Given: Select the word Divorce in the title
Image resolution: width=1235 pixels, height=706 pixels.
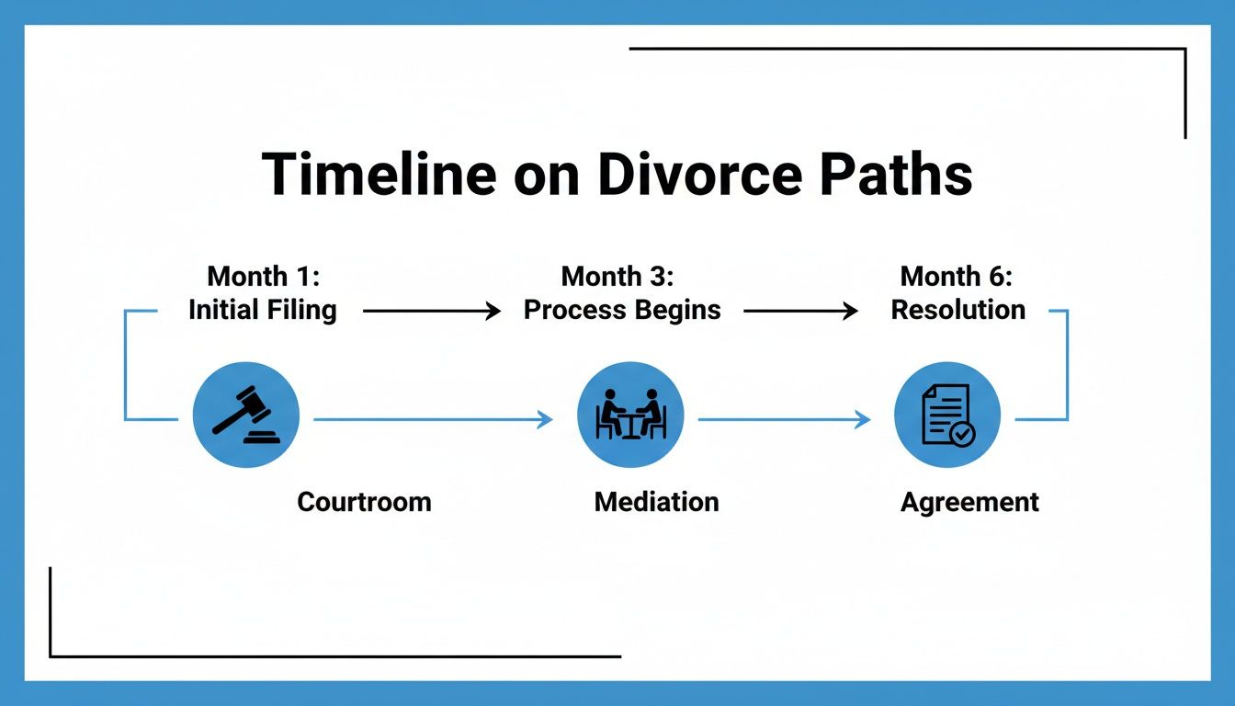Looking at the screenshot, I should (x=698, y=174).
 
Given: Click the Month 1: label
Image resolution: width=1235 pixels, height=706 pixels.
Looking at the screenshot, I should (x=263, y=276).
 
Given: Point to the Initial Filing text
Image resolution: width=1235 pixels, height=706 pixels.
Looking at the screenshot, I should (x=263, y=311).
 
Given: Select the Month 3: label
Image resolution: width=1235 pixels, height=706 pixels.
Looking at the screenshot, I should (x=617, y=276).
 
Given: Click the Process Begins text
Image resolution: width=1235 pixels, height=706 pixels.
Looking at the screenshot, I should (x=622, y=311).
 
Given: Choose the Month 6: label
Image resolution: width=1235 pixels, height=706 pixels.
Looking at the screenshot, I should (x=957, y=276).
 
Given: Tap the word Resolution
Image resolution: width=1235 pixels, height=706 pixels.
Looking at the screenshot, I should (x=958, y=310).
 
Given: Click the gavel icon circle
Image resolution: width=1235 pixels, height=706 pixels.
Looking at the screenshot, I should (x=246, y=415).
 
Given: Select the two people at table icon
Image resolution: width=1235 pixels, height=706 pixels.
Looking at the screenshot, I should (x=630, y=415).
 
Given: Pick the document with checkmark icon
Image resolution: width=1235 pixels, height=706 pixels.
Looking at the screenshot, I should (x=946, y=415).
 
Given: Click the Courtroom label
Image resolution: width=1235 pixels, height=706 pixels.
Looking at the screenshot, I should (x=364, y=502).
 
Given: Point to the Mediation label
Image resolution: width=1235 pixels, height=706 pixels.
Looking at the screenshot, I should (x=656, y=502).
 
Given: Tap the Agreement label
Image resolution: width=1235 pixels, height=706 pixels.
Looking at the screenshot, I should (x=969, y=503).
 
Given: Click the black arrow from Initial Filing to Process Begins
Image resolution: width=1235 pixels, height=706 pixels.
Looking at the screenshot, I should (x=432, y=312).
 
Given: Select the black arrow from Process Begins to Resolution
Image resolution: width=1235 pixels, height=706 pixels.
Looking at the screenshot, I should (x=800, y=312).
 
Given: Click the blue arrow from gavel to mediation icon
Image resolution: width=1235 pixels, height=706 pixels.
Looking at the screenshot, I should (x=433, y=420).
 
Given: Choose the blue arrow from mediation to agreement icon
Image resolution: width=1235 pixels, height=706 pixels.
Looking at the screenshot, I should (x=784, y=420).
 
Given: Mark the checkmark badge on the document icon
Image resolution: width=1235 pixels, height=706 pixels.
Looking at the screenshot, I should (x=962, y=434).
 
